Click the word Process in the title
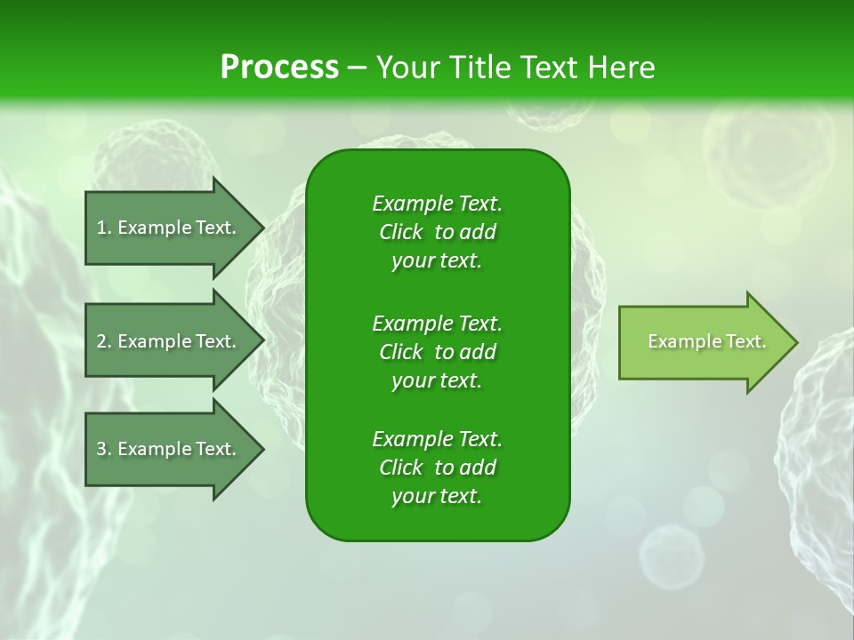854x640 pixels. pos(279,68)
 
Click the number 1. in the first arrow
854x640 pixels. pos(103,228)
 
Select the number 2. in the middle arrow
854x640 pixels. pos(103,341)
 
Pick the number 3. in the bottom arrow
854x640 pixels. pos(103,449)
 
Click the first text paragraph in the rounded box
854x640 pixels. pos(437,232)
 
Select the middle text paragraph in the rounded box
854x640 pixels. pos(437,352)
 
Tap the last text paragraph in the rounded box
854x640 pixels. pos(437,468)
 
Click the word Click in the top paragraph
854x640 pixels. pos(401,233)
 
